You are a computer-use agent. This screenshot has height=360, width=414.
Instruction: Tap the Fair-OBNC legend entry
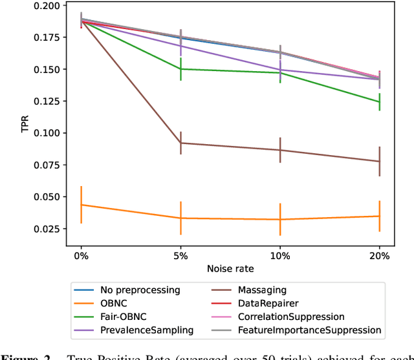[x=120, y=317]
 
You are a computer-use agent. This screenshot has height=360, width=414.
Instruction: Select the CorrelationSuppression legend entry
[x=291, y=317]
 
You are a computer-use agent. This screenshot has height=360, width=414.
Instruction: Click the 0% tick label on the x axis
[x=81, y=255]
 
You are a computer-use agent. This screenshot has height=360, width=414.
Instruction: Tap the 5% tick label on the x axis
[x=180, y=255]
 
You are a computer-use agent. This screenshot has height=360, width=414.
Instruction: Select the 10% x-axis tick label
[x=280, y=255]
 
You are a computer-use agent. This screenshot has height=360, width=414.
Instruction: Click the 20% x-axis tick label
[x=380, y=255]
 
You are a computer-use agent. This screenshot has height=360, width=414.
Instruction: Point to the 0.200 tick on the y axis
[x=47, y=6]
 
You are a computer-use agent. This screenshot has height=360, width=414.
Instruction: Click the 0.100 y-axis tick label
[x=47, y=133]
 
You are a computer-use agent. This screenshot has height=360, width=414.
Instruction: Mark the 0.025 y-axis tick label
[x=47, y=229]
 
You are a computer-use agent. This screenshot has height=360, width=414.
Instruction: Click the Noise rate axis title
[x=230, y=268]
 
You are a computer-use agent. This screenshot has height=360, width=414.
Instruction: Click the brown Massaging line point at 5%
[x=180, y=143]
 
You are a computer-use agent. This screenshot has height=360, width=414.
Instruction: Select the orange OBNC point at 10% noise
[x=280, y=219]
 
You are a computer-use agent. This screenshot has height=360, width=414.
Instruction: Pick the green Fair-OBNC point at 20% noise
[x=380, y=101]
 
